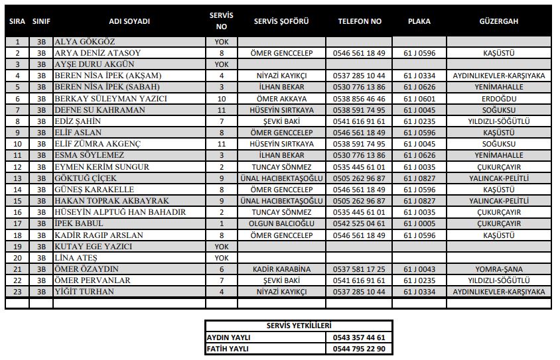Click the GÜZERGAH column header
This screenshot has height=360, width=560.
click(x=498, y=21)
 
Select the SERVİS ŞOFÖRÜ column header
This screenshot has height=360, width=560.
click(x=281, y=21)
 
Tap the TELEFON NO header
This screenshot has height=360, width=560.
click(x=360, y=21)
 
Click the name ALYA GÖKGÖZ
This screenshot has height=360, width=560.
click(x=84, y=41)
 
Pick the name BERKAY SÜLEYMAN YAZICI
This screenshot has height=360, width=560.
click(x=110, y=98)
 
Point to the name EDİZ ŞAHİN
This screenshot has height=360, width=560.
click(x=78, y=121)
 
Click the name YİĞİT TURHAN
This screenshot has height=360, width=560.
click(x=86, y=292)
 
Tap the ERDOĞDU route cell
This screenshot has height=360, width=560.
click(x=498, y=98)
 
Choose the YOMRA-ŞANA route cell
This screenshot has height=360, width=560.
click(x=498, y=269)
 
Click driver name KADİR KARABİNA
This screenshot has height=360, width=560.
click(x=281, y=269)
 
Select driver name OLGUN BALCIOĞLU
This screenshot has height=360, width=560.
click(x=281, y=223)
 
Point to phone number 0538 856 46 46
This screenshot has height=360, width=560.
click(x=360, y=98)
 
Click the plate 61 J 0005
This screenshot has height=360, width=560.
click(x=419, y=223)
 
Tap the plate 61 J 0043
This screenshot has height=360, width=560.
click(x=419, y=269)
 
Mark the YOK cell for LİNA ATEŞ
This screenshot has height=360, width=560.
click(x=222, y=258)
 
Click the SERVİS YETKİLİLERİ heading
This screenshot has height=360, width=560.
click(x=299, y=326)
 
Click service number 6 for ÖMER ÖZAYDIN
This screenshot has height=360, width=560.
click(x=222, y=269)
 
